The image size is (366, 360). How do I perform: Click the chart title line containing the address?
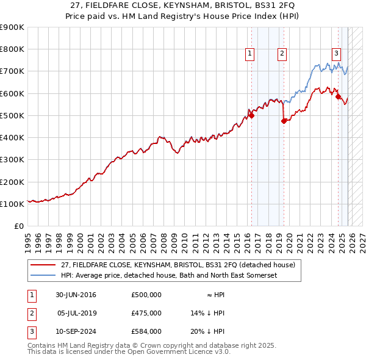[183, 5]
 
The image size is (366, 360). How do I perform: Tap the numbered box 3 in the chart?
[336, 53]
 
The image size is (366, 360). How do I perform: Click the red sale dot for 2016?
[251, 115]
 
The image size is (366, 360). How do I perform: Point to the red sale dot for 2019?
[284, 121]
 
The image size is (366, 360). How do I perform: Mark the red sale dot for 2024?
[338, 96]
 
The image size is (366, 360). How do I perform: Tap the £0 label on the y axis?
[18, 226]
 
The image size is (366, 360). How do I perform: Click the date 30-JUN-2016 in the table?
[76, 295]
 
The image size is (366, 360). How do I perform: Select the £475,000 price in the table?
[146, 313]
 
